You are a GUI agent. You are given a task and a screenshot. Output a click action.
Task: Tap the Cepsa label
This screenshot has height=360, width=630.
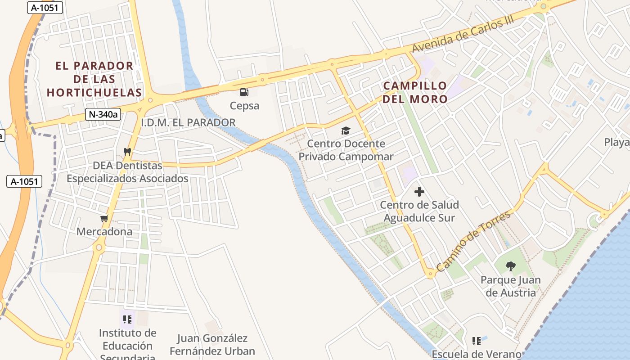coord(244,106)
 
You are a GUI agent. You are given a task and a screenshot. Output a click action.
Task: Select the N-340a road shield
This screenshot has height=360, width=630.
coord(103,114)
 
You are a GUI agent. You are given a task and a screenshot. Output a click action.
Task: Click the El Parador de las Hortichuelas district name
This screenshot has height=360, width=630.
coord(94,79)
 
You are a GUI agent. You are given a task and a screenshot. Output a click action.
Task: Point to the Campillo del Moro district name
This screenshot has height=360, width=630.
coord(415,92)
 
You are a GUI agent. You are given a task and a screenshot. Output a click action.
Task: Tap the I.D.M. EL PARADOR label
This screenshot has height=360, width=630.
coord(188,122)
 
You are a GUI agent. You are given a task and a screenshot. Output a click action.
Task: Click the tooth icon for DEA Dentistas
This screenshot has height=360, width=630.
coord(127,152)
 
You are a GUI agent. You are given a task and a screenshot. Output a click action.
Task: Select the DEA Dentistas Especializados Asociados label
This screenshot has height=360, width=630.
coord(127,172)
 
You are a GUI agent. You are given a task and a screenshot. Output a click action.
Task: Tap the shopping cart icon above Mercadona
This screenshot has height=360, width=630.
coord(104,219)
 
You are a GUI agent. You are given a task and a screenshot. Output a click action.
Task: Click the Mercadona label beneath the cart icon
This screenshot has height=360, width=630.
coord(104,232)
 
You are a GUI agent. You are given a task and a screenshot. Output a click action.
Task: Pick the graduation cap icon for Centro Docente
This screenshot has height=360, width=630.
coord(346,130)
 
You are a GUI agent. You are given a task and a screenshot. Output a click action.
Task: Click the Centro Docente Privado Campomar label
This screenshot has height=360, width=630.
coord(346,150)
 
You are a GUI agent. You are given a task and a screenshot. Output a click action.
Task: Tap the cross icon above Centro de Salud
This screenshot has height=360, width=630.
coord(419,192)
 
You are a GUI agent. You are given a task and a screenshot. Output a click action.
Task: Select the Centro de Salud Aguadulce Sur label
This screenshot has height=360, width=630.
coord(419,211)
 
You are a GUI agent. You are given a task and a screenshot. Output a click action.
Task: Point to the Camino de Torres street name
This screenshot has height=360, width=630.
coord(474,241)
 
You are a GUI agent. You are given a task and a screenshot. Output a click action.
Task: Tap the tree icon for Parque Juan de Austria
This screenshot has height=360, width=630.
coord(510,266)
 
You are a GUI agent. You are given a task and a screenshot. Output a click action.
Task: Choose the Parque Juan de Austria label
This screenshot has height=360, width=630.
coord(510,286)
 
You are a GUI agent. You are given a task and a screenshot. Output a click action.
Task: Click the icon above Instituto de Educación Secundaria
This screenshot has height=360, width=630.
coord(127,319)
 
